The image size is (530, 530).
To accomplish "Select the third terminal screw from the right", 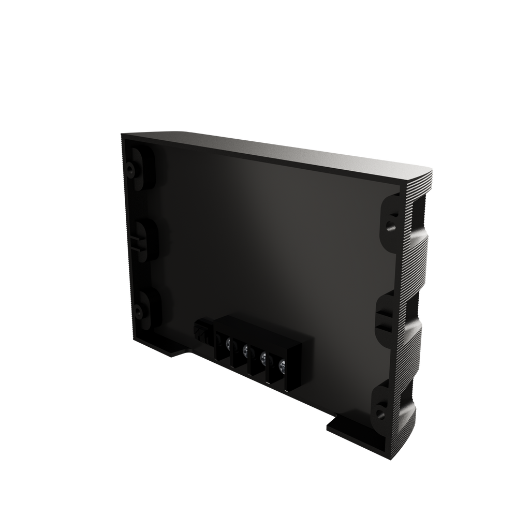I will [x=245, y=350].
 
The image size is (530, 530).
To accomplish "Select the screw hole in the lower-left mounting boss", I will [x=138, y=311].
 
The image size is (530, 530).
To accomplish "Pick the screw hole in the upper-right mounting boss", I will [x=389, y=225].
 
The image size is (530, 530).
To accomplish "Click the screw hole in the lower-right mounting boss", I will [x=380, y=413].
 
